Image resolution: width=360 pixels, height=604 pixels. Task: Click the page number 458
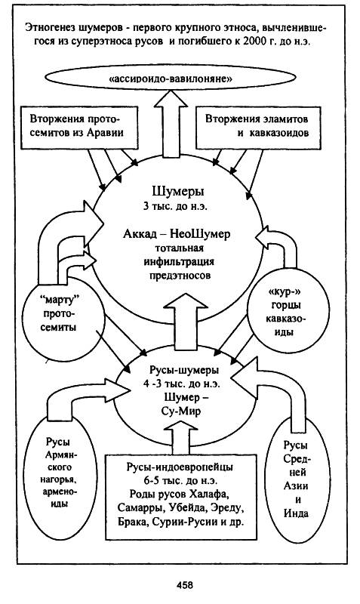point(185,585)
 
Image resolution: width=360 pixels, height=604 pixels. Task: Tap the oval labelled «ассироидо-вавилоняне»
point(171,79)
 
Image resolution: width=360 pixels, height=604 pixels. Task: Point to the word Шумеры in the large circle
point(178,192)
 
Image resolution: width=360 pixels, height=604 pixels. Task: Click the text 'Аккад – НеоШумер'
point(177,234)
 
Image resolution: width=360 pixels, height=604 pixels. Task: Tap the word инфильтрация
point(179,262)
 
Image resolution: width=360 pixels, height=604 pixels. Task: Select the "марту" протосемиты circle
point(63,325)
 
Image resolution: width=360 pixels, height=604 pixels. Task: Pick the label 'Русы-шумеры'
point(184,370)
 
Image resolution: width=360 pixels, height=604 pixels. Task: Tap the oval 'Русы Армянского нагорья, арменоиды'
point(62,473)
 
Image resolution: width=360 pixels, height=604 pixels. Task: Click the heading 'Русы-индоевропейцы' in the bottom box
point(180,467)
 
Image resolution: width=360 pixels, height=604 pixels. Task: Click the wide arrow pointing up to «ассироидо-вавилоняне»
point(170,124)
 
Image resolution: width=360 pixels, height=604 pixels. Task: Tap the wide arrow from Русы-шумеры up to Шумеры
point(185,321)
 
